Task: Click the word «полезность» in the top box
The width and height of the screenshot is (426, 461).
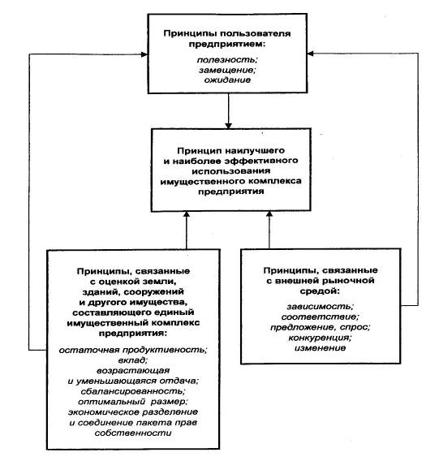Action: [x=226, y=60]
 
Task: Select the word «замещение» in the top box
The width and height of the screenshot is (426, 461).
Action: [x=226, y=71]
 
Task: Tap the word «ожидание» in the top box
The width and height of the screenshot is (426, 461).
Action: [x=227, y=80]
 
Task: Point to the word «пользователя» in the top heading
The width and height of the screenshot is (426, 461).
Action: [x=256, y=33]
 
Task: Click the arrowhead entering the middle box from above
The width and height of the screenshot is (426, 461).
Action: [x=229, y=125]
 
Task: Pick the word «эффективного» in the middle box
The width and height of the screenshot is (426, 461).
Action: [x=261, y=161]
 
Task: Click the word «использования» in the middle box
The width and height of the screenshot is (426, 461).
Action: [x=231, y=170]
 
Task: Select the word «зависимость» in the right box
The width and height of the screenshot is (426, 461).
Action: [x=319, y=307]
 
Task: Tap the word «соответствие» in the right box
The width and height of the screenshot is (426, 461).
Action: [x=319, y=317]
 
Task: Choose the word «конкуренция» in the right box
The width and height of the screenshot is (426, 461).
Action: [x=319, y=338]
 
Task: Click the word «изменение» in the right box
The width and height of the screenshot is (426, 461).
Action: [x=320, y=348]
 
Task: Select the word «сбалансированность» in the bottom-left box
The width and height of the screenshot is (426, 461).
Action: [x=132, y=391]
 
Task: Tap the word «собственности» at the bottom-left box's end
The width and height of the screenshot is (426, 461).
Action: [x=133, y=433]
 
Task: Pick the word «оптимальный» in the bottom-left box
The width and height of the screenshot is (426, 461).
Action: [x=111, y=401]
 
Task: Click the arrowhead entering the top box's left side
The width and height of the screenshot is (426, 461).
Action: [x=144, y=54]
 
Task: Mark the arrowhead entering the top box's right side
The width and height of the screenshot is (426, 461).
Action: [x=311, y=54]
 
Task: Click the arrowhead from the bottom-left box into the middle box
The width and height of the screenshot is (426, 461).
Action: [x=187, y=214]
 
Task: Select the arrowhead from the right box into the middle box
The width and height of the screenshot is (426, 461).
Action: [x=269, y=214]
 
